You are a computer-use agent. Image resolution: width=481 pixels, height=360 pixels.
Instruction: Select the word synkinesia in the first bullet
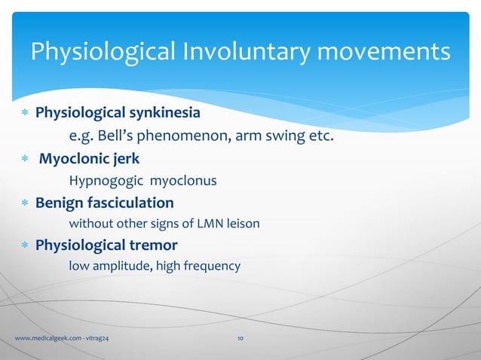point(164,114)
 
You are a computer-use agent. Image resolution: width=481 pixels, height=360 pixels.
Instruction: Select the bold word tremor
point(155,245)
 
